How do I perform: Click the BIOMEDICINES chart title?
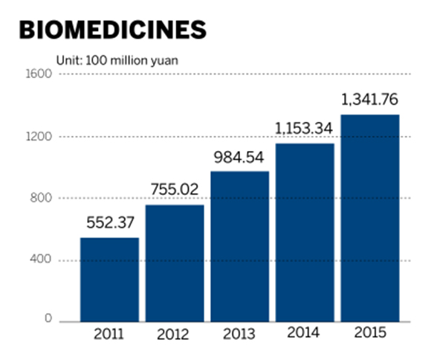(x=111, y=29)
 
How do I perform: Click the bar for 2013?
(x=239, y=246)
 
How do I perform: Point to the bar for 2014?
(x=305, y=232)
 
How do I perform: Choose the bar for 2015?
(x=370, y=218)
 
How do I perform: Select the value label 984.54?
(x=239, y=158)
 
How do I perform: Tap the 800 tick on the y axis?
(x=41, y=199)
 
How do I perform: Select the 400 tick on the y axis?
(x=41, y=260)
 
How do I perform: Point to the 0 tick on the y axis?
(x=48, y=320)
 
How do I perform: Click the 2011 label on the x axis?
(x=109, y=333)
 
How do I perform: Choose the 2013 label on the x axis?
(x=239, y=333)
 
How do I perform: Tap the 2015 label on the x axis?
(x=370, y=333)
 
